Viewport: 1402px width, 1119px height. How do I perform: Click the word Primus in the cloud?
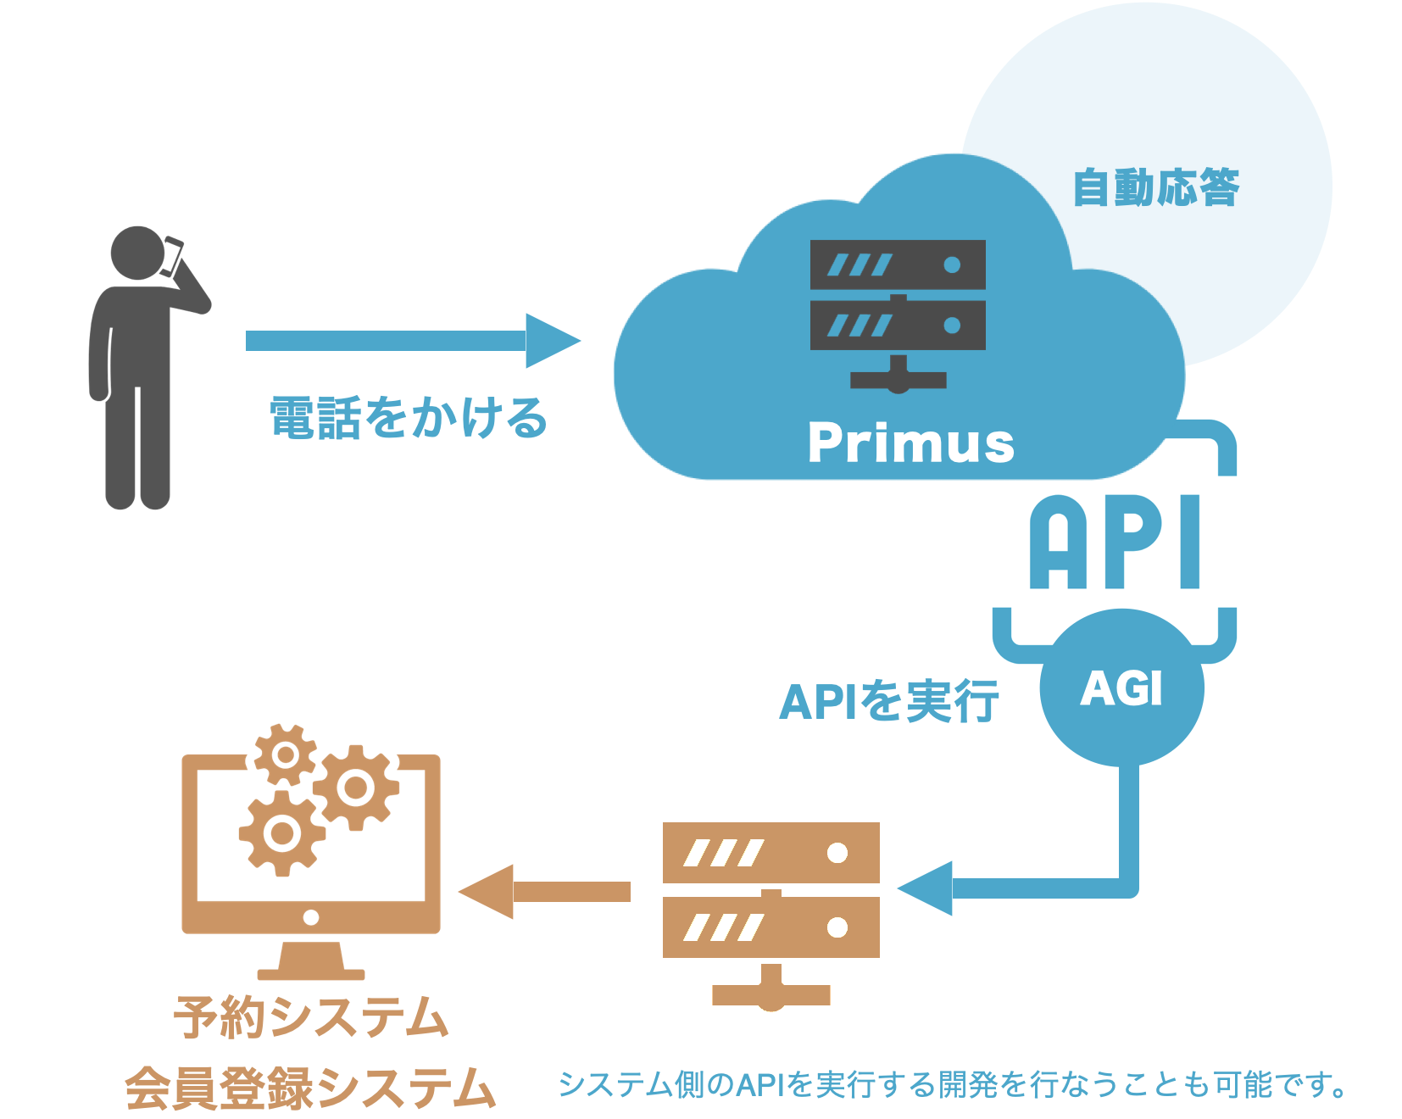coord(910,443)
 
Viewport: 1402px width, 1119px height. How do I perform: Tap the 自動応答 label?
coord(1155,187)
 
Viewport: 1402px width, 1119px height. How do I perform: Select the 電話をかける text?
coord(409,417)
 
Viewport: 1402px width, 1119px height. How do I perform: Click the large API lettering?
coord(1115,542)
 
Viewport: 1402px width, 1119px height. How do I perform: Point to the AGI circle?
coord(1121,688)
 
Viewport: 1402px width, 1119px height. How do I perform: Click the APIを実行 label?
coord(889,702)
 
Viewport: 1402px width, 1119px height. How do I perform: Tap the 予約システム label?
coord(311,1016)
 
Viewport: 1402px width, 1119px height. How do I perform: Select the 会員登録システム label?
coord(310,1088)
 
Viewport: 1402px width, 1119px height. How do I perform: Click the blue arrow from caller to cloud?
coord(413,341)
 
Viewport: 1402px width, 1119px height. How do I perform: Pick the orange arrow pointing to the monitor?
coord(544,892)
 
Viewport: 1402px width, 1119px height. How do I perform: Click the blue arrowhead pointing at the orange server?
coord(926,888)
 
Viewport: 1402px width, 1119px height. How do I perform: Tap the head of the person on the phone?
coord(137,253)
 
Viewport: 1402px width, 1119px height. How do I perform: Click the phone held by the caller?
coord(172,256)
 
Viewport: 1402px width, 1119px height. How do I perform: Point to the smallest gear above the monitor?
coord(286,754)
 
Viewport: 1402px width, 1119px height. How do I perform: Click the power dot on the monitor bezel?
coord(311,917)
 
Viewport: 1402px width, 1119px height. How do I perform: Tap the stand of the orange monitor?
coord(311,960)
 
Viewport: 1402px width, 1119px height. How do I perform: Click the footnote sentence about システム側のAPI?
coord(952,1084)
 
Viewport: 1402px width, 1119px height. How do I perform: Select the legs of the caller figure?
coord(137,445)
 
